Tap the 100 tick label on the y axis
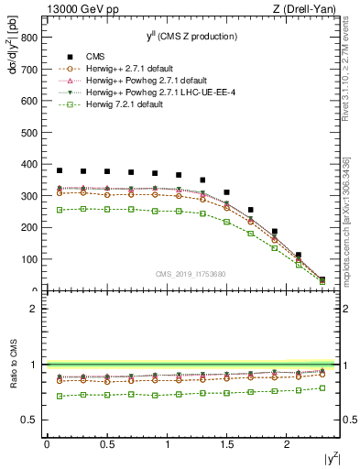29,259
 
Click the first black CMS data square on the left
60,170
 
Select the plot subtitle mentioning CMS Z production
192,36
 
